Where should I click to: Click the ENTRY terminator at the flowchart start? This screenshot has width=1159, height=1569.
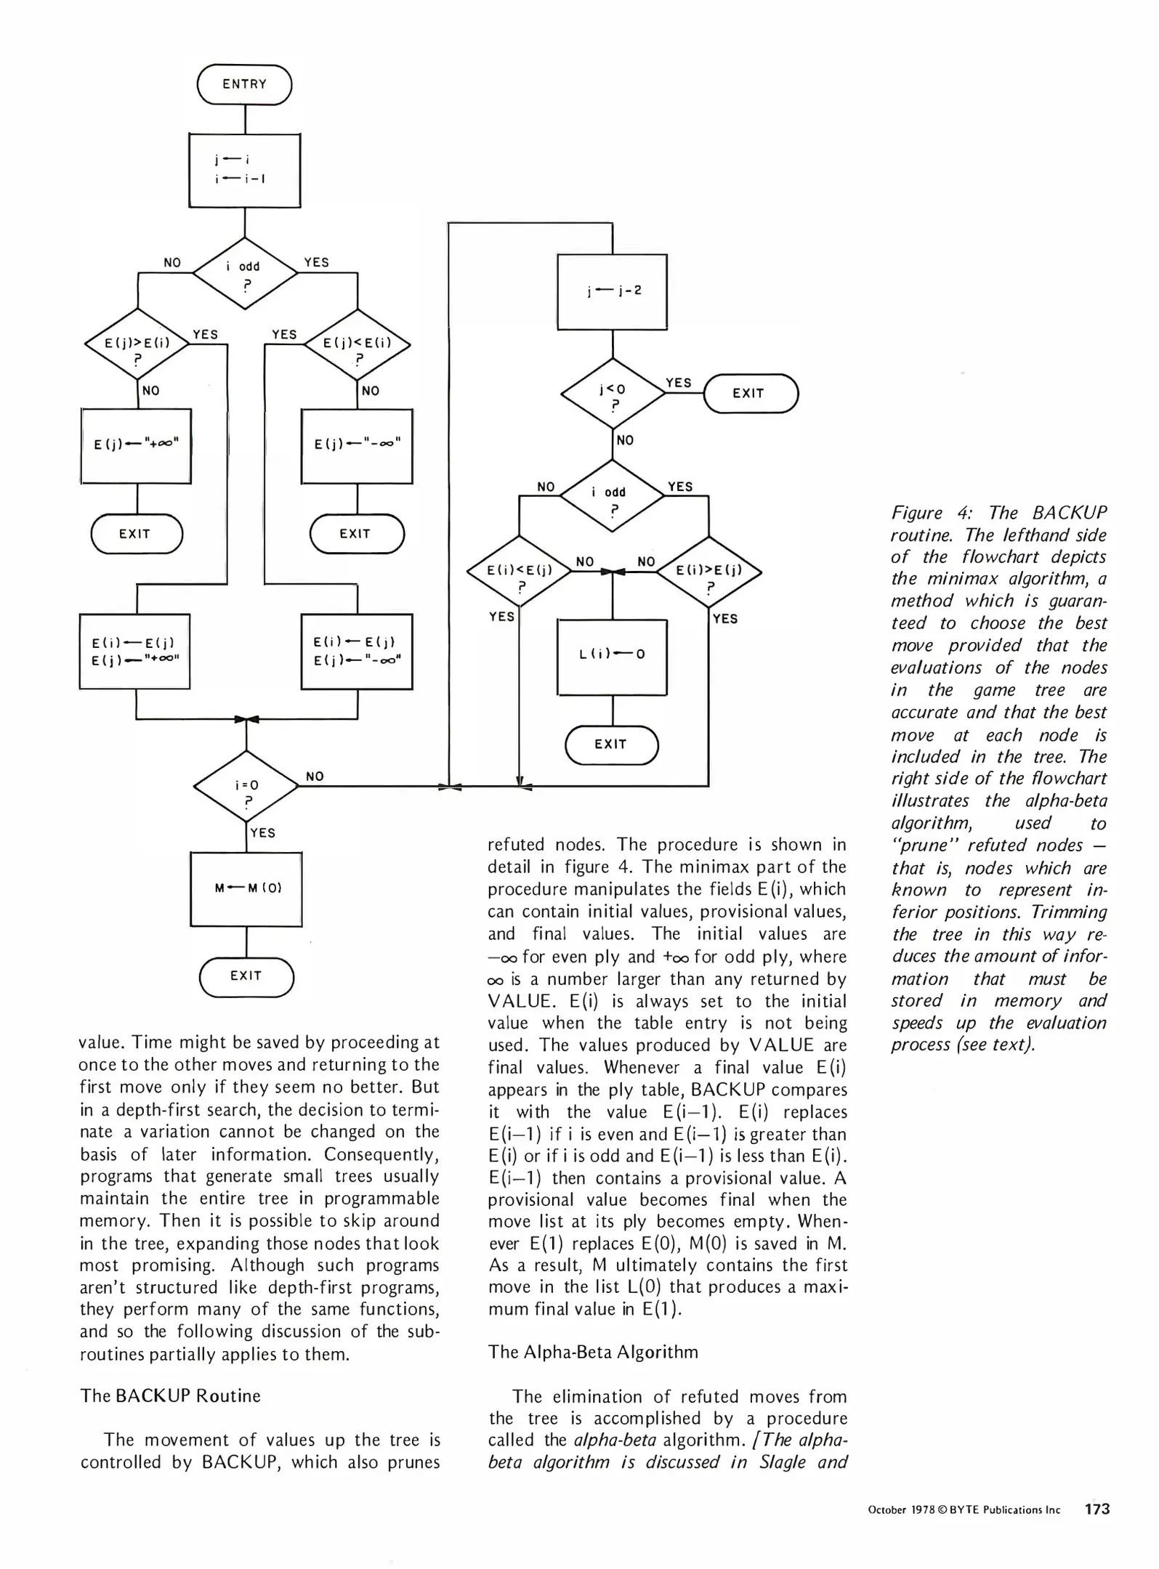click(244, 84)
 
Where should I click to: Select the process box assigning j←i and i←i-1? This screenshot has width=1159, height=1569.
click(244, 170)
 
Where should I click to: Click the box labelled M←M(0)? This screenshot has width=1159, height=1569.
click(246, 888)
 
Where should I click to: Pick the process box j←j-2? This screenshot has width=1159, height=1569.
click(612, 291)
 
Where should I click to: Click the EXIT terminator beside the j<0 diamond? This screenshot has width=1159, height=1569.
click(750, 394)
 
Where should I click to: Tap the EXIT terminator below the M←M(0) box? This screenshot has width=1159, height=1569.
click(246, 976)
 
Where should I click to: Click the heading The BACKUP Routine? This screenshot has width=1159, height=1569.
click(170, 1396)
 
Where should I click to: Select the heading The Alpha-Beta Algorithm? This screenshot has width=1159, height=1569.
click(593, 1352)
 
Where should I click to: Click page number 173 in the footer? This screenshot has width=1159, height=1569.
click(1097, 1509)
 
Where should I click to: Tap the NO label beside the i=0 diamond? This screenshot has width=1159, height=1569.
click(315, 777)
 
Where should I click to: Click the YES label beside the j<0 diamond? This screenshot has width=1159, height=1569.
click(679, 383)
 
